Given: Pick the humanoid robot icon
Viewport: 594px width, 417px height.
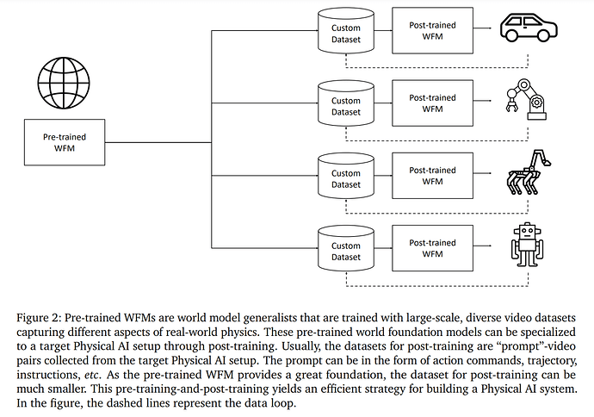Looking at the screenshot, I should [x=527, y=245].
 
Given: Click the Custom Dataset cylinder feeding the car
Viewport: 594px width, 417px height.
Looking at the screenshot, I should [x=346, y=32].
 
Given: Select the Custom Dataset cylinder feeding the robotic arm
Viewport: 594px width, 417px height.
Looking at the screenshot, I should [x=346, y=105].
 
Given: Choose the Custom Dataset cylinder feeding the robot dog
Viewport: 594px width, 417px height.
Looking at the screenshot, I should [x=346, y=177].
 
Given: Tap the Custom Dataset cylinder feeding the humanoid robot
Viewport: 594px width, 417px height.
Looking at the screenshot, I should [x=346, y=249].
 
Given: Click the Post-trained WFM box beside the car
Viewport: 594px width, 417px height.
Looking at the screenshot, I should [x=432, y=31].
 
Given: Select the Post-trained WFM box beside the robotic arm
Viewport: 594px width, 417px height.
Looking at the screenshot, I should [x=432, y=104].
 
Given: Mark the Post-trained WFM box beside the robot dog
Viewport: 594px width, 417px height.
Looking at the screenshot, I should [x=432, y=176].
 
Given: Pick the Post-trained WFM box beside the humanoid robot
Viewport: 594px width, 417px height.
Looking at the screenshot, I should [x=432, y=248].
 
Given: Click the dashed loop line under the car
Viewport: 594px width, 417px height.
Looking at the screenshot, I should [x=435, y=67].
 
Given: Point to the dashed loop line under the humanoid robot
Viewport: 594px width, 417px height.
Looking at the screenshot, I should [x=435, y=284].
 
